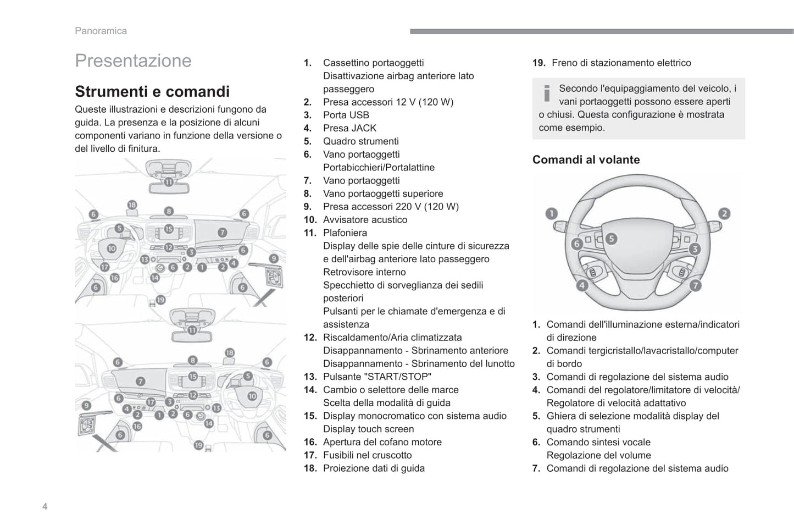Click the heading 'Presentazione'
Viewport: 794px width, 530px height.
(133, 60)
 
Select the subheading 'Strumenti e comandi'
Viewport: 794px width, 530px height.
(152, 91)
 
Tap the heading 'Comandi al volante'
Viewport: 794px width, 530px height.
(586, 160)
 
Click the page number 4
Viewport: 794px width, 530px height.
(45, 506)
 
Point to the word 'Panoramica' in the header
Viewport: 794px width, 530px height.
(101, 31)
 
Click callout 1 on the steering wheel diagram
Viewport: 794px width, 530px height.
(551, 213)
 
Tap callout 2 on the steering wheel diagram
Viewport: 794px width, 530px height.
(724, 213)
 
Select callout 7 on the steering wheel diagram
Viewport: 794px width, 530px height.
(696, 285)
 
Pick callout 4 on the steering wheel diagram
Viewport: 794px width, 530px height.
(581, 285)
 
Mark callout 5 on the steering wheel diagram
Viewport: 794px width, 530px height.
(611, 239)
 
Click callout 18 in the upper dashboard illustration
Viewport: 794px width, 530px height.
(132, 205)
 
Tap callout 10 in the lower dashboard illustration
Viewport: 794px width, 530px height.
(252, 395)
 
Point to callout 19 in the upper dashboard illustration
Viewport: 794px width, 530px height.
(160, 300)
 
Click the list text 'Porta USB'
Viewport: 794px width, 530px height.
(346, 115)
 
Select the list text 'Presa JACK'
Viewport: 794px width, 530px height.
(349, 128)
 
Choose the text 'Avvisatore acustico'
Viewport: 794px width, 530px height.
(365, 220)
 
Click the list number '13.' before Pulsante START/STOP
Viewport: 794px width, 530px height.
(310, 377)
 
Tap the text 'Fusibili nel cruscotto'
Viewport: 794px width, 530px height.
(367, 455)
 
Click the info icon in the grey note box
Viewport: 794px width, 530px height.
(547, 94)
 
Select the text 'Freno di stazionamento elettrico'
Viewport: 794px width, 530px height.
(621, 63)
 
